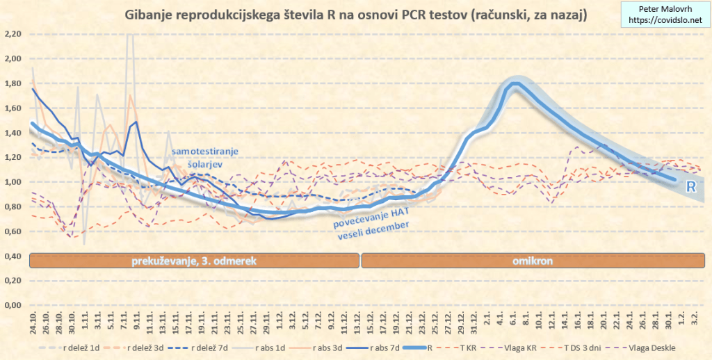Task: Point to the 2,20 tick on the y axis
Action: (13, 34)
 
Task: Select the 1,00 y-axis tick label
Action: (13, 182)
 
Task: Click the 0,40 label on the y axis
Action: (13, 256)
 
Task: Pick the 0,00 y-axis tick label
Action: (13, 305)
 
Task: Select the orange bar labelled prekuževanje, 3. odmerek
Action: (195, 261)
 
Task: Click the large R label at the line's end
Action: (691, 186)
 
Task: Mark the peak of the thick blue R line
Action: (515, 84)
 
